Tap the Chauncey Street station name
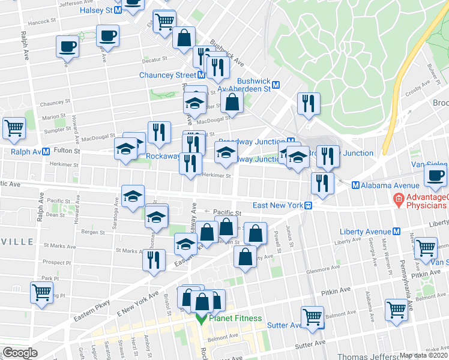[x=167, y=75]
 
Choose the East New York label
[x=277, y=205]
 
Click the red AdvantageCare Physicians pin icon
[x=397, y=198]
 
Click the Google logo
[x=20, y=353]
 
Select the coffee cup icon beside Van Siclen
[x=435, y=175]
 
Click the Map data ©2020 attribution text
[x=424, y=355]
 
